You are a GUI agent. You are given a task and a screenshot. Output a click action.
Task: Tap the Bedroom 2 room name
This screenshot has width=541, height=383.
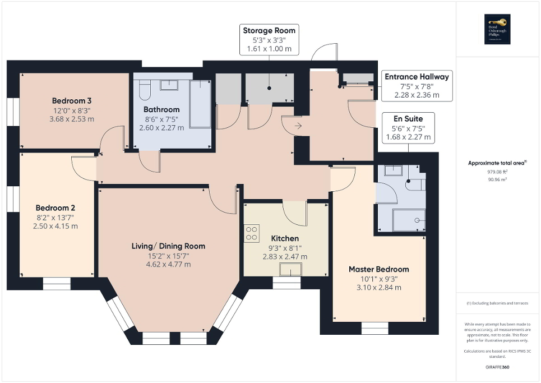pyautogui.click(x=56, y=206)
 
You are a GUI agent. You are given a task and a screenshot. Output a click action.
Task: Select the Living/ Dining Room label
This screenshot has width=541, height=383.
pyautogui.click(x=168, y=246)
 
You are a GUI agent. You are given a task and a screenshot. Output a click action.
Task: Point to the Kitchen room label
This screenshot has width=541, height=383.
pyautogui.click(x=285, y=238)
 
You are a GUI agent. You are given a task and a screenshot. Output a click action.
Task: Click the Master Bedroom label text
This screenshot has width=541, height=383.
pyautogui.click(x=378, y=269)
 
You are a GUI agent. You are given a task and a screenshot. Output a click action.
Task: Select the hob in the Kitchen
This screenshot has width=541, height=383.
pyautogui.click(x=252, y=233)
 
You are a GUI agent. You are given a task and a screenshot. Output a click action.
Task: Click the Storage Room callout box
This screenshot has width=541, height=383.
pyautogui.click(x=269, y=39)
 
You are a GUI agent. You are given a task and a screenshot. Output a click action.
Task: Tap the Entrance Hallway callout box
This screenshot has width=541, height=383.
pyautogui.click(x=416, y=86)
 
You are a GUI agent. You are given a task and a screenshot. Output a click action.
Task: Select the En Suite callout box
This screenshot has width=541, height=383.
pyautogui.click(x=408, y=128)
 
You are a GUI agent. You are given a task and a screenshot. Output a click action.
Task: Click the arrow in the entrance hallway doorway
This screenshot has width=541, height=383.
pyautogui.click(x=298, y=126)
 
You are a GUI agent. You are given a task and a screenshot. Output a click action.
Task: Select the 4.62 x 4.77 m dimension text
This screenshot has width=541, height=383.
pyautogui.click(x=168, y=264)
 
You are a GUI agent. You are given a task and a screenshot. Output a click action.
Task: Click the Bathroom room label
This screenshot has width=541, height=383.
pyautogui.click(x=161, y=109)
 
